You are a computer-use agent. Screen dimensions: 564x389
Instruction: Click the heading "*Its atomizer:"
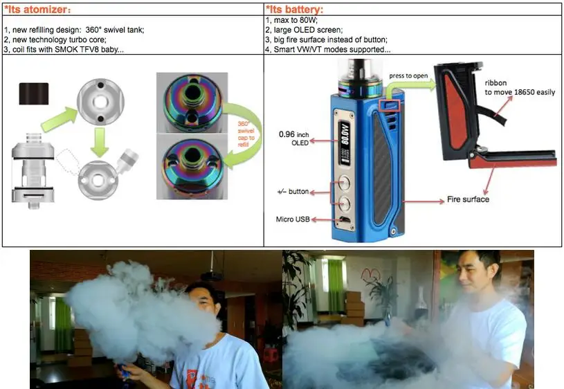pyautogui.click(x=37, y=10)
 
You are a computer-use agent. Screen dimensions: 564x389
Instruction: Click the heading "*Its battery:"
pyautogui.click(x=294, y=10)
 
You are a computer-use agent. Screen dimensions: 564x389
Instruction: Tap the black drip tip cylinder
pyautogui.click(x=34, y=93)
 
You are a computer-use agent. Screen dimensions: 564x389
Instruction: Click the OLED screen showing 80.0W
pyautogui.click(x=345, y=143)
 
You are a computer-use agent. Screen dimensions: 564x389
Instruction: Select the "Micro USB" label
pyautogui.click(x=293, y=219)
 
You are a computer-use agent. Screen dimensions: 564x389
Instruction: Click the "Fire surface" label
pyautogui.click(x=468, y=199)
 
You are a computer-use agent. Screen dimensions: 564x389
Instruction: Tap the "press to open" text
pyautogui.click(x=408, y=76)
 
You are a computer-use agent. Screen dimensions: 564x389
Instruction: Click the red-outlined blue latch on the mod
pyautogui.click(x=390, y=105)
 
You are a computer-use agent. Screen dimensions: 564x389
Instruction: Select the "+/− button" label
pyautogui.click(x=293, y=192)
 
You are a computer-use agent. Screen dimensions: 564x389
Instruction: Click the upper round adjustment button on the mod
pyautogui.click(x=344, y=183)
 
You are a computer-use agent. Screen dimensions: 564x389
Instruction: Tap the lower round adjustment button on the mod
pyautogui.click(x=344, y=203)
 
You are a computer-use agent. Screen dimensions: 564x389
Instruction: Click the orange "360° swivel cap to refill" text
pyautogui.click(x=246, y=134)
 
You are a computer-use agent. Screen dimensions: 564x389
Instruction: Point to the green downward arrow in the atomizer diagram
pyautogui.click(x=99, y=142)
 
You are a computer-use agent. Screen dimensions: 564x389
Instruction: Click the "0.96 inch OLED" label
pyautogui.click(x=294, y=138)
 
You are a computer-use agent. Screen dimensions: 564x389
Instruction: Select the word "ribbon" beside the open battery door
pyautogui.click(x=495, y=83)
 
